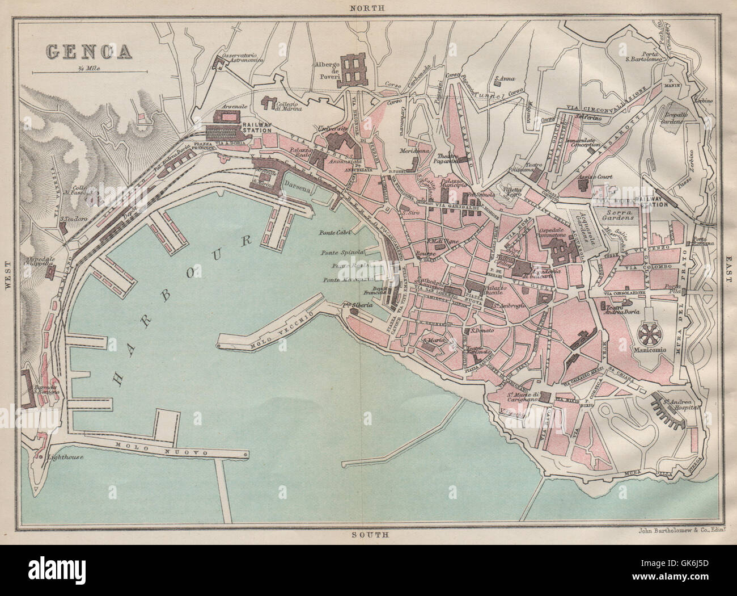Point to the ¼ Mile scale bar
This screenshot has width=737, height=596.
(90, 72)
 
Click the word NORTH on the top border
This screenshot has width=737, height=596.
(367, 8)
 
